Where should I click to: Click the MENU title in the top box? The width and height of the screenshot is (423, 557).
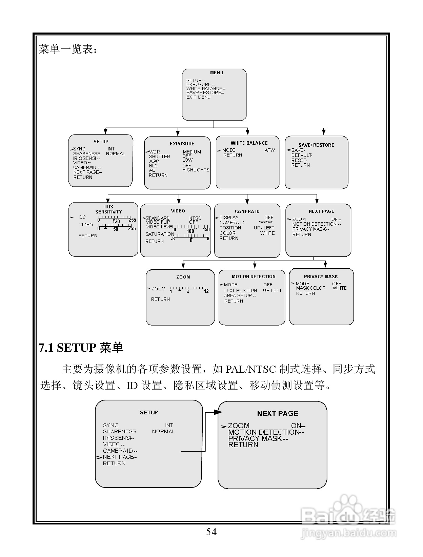(217, 73)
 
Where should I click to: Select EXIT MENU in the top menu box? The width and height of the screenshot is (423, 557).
(198, 97)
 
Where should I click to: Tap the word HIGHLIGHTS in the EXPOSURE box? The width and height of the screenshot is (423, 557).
(196, 170)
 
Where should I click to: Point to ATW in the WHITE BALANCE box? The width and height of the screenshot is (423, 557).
(269, 150)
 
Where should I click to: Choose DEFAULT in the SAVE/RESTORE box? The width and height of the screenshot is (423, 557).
(301, 155)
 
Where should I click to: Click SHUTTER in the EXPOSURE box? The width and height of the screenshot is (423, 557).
(159, 157)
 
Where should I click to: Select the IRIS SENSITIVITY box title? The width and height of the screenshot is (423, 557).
(108, 209)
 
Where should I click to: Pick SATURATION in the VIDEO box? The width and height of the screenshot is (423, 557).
(160, 234)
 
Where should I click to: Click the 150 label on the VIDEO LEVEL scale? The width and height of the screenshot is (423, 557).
(206, 230)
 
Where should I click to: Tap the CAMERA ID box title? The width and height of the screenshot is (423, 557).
(247, 211)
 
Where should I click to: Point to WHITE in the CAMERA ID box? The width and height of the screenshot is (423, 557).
(267, 233)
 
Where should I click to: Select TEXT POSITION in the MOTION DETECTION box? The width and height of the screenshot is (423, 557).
(240, 290)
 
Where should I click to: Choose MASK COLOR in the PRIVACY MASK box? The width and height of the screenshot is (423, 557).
(310, 288)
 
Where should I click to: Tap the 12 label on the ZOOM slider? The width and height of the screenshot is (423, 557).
(206, 291)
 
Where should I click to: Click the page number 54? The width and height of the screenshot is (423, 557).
(211, 532)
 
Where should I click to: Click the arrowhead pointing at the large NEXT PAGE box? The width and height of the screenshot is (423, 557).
(218, 412)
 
